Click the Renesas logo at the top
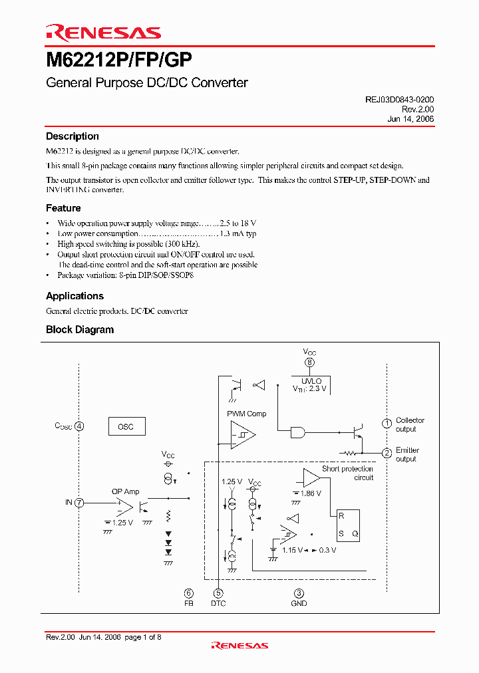click(x=103, y=33)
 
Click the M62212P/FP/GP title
click(x=119, y=61)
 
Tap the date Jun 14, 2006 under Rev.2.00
click(x=410, y=119)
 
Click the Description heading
click(x=72, y=136)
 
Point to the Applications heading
click(x=75, y=296)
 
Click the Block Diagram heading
click(x=80, y=330)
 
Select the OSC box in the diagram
click(x=126, y=426)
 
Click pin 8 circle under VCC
click(x=309, y=362)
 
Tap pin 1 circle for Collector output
click(x=387, y=424)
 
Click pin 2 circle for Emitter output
click(x=387, y=454)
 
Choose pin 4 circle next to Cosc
click(x=80, y=426)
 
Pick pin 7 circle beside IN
click(x=80, y=503)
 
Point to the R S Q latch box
click(x=347, y=524)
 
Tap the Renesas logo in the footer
click(x=239, y=645)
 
